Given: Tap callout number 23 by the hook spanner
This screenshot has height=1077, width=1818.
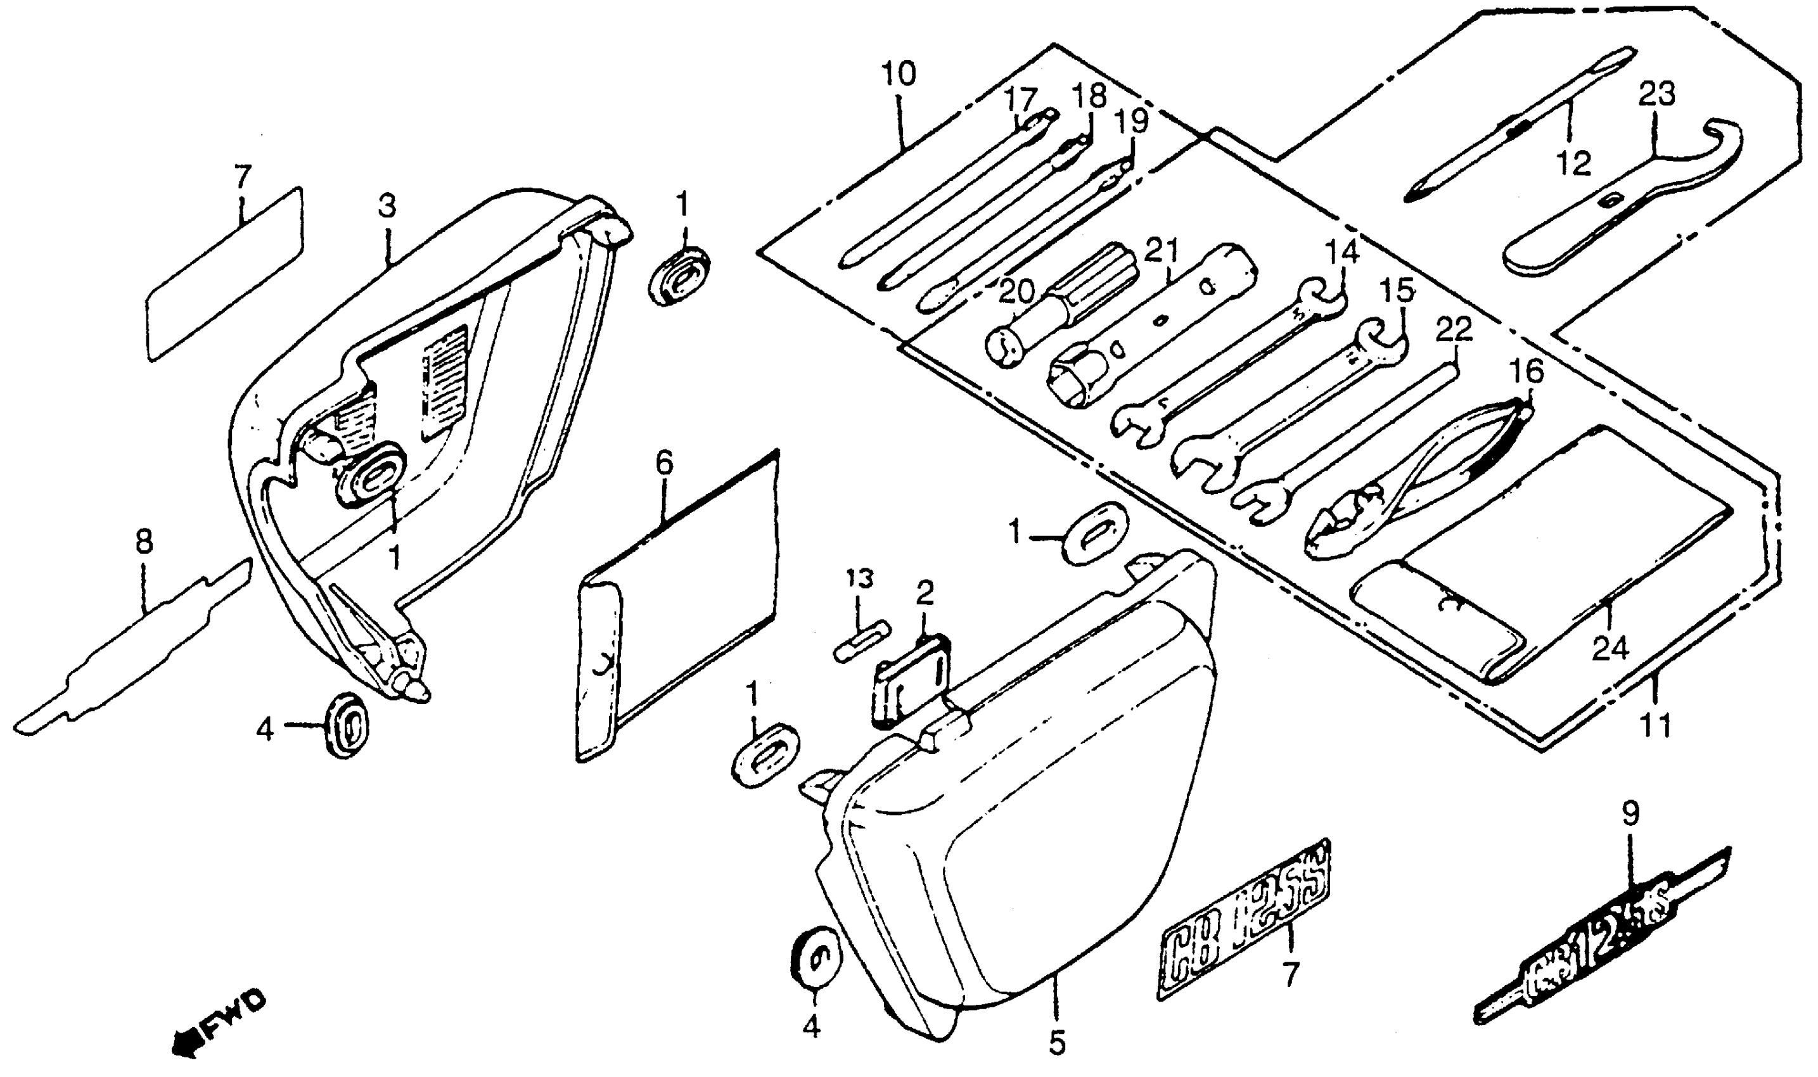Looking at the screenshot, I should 1657,94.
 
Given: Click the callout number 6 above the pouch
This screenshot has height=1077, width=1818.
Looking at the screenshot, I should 665,463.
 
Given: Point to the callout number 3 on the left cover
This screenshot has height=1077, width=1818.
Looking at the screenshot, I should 388,207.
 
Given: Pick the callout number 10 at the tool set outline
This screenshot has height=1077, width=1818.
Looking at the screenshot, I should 899,74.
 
